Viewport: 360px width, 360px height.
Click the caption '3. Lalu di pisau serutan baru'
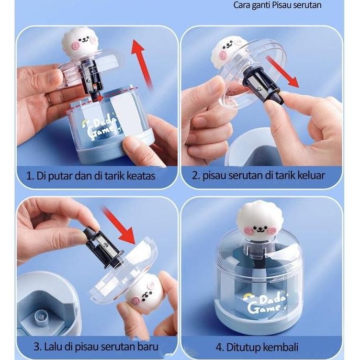pos(96,346)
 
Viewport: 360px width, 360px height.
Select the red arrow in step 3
pos(119,225)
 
